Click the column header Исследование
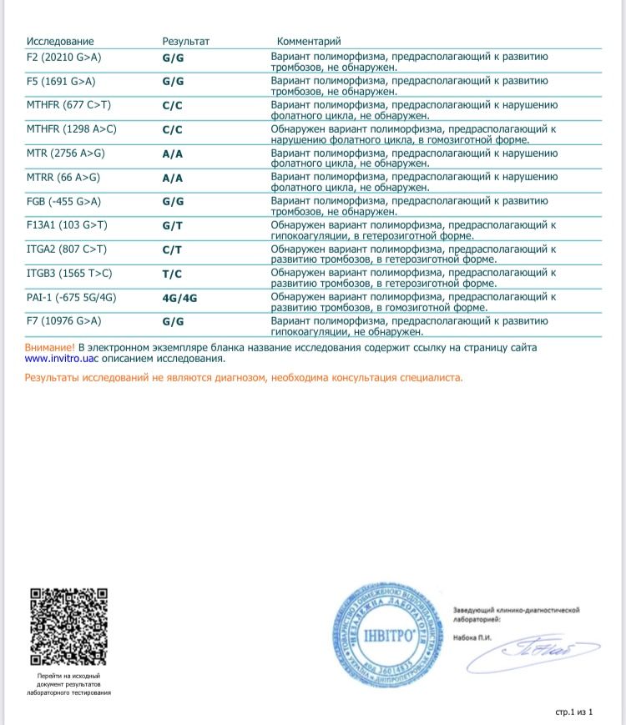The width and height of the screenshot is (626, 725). click(x=60, y=41)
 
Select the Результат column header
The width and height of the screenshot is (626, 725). click(x=185, y=41)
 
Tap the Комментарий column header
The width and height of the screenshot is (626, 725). click(x=309, y=41)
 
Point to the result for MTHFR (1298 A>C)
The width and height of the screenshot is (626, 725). click(x=172, y=129)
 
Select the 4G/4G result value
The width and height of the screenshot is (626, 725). click(x=179, y=297)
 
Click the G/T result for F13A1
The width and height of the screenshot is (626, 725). click(x=173, y=225)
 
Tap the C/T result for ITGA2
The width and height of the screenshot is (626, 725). click(x=172, y=249)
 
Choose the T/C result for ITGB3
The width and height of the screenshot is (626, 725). click(x=172, y=273)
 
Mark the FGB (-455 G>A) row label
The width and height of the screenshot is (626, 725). click(x=64, y=201)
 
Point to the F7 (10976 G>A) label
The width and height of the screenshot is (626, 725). click(x=64, y=321)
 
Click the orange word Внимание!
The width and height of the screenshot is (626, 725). click(x=50, y=347)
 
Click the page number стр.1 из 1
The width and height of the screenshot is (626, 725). click(x=573, y=712)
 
